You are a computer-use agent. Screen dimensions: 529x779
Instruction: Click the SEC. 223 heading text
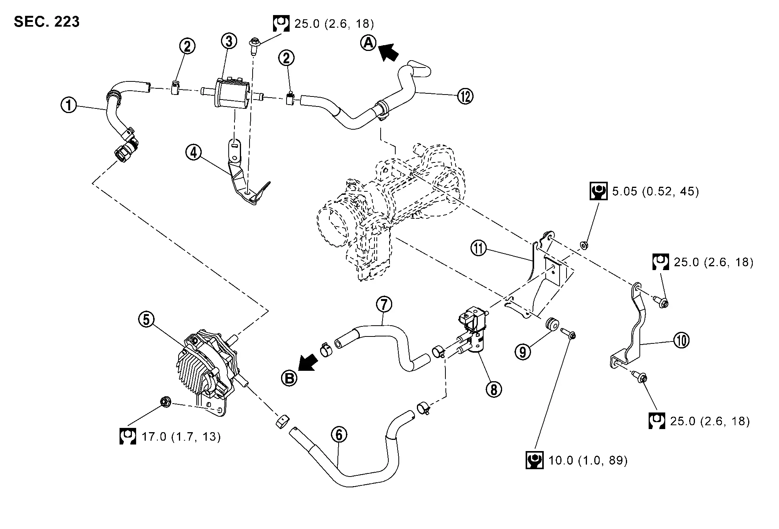coord(47,22)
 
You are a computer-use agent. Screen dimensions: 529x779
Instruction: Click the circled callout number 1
coord(69,105)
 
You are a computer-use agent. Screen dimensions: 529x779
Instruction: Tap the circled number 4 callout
coord(193,153)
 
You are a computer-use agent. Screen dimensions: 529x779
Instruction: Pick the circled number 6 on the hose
coord(339,435)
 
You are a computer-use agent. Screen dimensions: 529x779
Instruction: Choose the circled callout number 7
coord(384,304)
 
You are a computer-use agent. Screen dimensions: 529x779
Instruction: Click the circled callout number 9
coord(523,352)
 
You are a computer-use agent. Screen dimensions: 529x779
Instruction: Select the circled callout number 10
coord(681,340)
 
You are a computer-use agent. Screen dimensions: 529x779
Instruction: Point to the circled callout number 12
coord(465,96)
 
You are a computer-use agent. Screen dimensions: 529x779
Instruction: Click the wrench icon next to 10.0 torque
coord(534,460)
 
